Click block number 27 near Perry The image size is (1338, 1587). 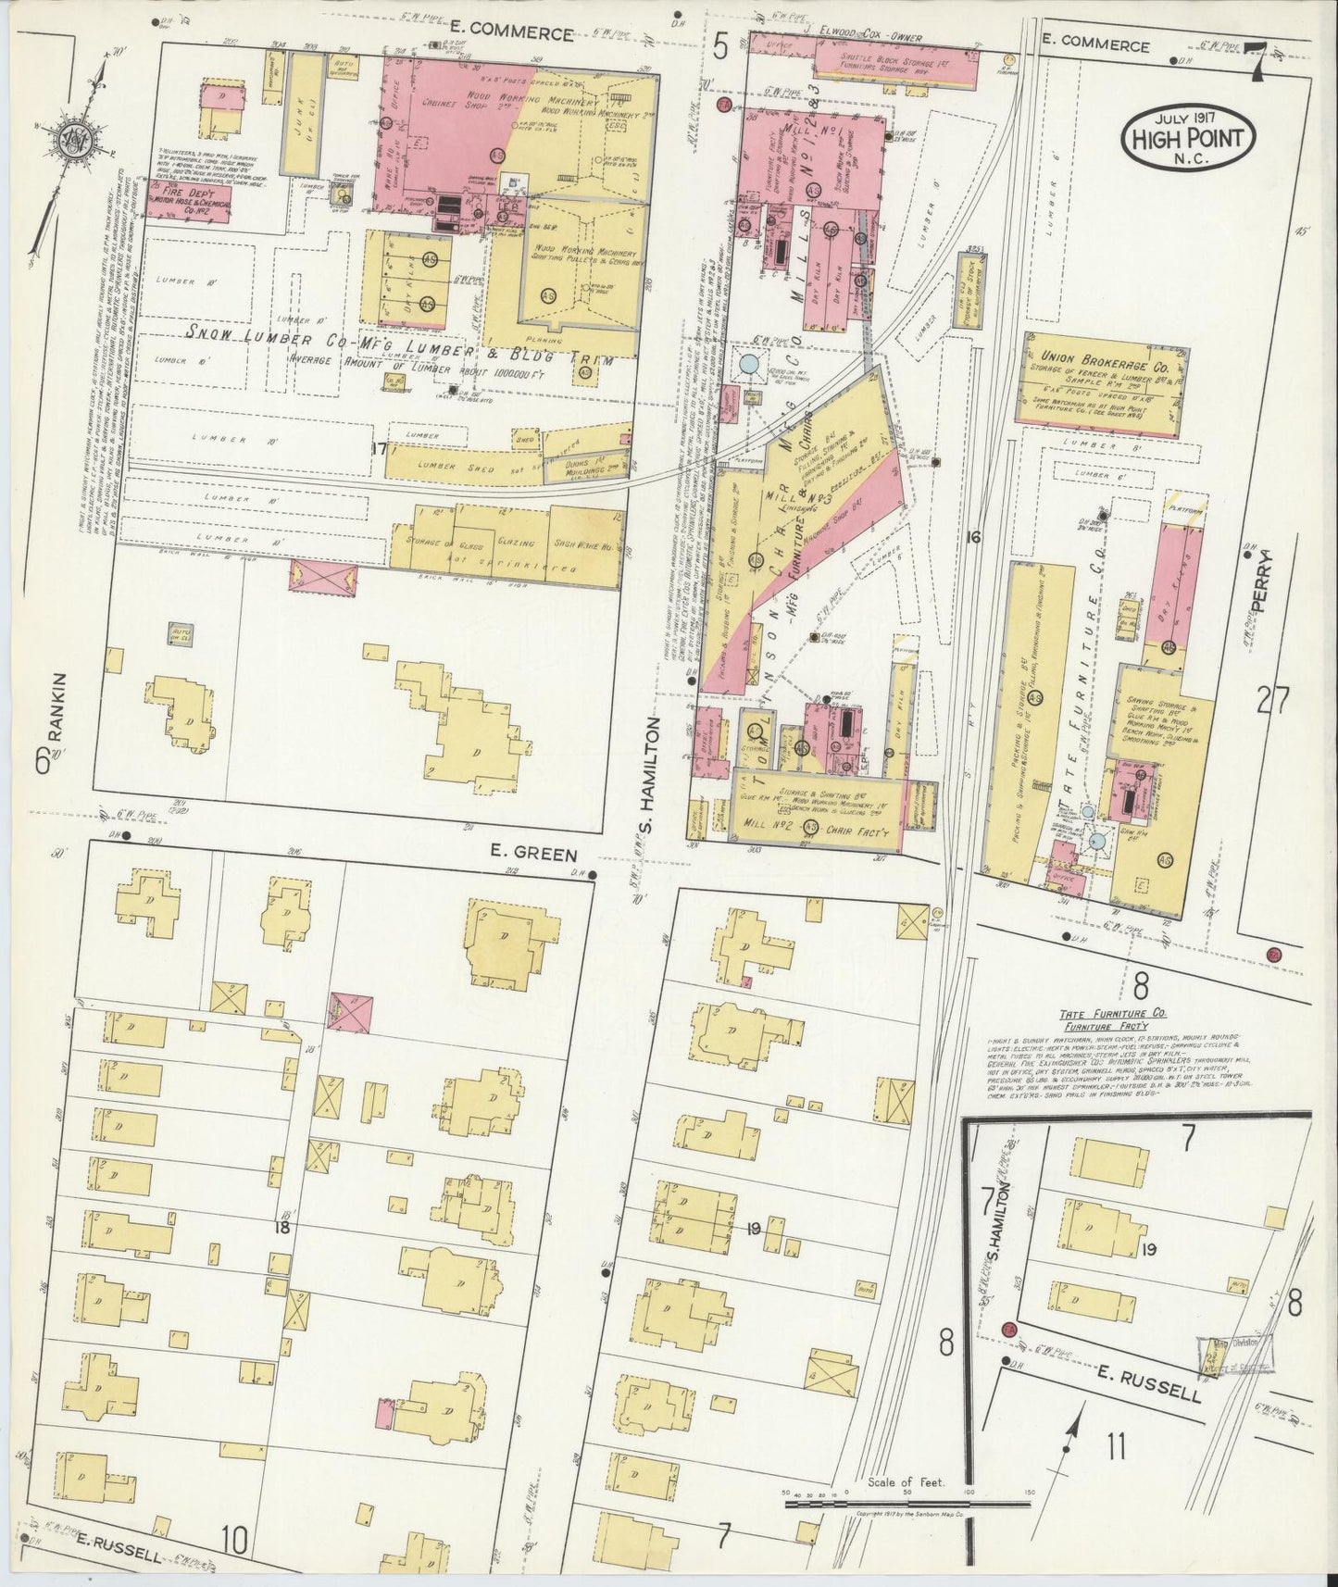tap(1272, 702)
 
